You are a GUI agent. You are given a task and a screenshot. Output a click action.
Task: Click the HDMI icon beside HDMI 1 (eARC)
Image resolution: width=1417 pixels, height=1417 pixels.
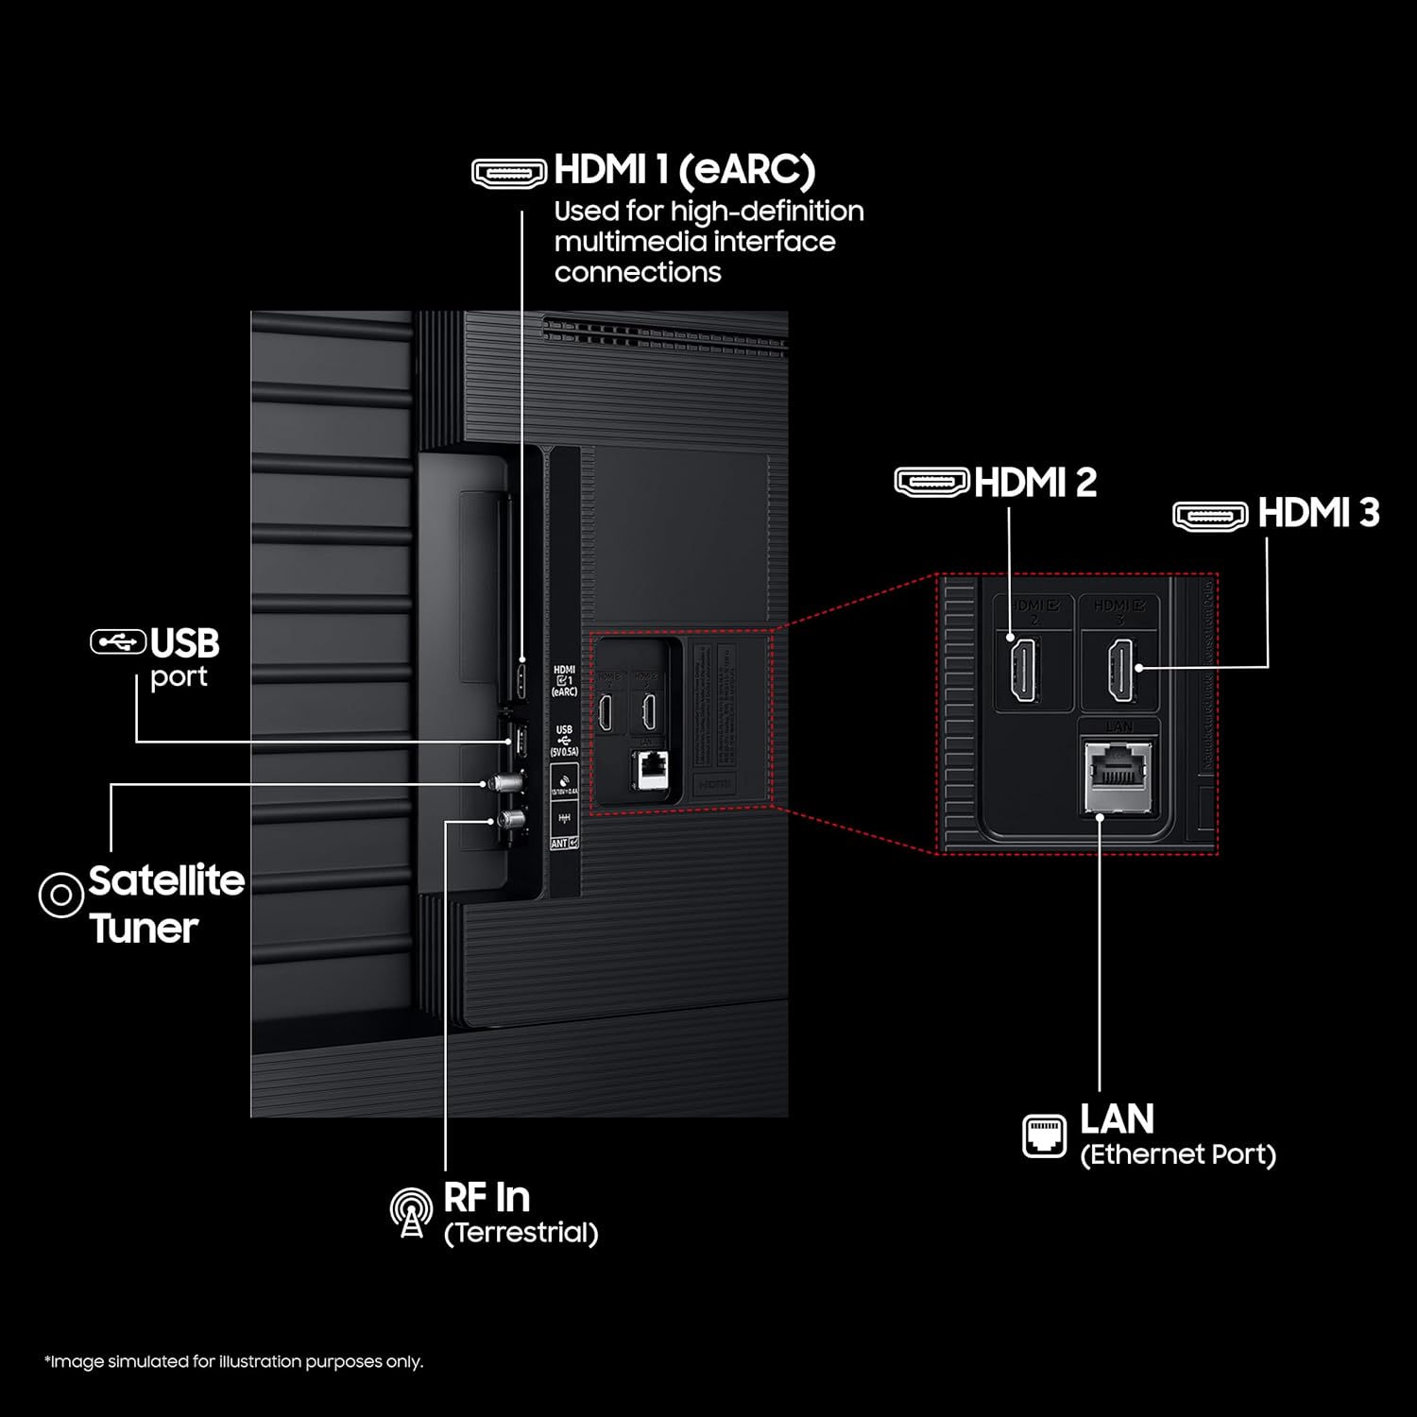pos(509,173)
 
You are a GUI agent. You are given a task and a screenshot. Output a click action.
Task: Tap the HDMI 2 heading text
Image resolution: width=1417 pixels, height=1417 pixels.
pos(1034,483)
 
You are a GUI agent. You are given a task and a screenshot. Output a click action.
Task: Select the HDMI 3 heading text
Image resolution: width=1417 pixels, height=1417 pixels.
pos(1318,513)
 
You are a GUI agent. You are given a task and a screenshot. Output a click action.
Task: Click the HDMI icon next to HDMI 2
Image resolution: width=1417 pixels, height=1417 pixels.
pos(931,482)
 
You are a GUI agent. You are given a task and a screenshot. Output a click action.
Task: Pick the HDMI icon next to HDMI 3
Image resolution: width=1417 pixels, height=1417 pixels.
pos(1210,516)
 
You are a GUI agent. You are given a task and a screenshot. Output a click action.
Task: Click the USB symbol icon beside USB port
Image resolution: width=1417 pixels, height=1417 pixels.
pos(118,641)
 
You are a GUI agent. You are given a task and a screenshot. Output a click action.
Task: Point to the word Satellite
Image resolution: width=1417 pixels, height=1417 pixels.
pos(166,880)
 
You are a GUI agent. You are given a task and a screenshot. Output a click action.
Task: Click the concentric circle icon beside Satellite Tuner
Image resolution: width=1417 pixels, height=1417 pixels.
pos(60,894)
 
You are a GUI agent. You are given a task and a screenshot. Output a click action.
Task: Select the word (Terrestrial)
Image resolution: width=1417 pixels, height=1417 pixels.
pos(521,1233)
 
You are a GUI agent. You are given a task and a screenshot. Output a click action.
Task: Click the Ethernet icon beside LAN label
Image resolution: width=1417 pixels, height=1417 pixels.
pos(1044,1135)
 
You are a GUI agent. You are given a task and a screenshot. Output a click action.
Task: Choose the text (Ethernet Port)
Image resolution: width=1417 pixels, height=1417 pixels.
pos(1177,1154)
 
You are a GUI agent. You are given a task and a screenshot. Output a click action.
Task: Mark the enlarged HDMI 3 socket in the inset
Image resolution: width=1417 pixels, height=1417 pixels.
pos(1120,669)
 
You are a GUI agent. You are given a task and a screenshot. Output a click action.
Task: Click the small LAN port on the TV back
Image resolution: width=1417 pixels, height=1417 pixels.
pos(652,769)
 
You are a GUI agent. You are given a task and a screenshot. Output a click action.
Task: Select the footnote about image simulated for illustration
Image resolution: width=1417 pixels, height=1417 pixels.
pos(233,1361)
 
